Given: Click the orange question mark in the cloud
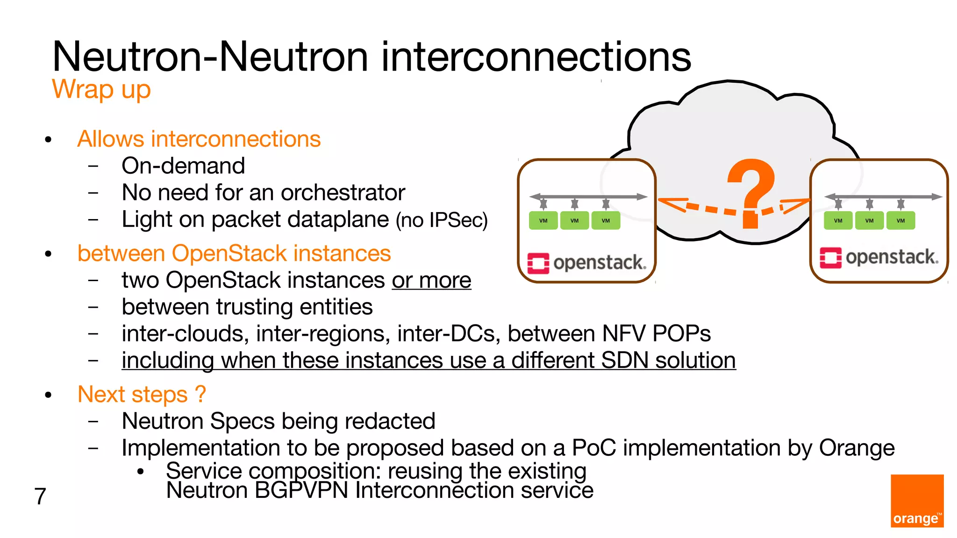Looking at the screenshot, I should tap(751, 191).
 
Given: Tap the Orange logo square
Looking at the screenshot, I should tap(917, 501).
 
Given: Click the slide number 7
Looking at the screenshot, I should tap(40, 496).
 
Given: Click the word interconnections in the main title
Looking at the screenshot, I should tap(536, 57).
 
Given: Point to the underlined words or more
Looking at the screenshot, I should tap(431, 280).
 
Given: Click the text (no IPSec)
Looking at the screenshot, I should tap(442, 220).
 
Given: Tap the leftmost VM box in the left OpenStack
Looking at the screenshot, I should tap(543, 220).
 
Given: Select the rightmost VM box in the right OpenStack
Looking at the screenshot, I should tap(900, 220).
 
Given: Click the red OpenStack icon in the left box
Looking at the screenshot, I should tap(538, 263).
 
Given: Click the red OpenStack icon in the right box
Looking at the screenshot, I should tap(830, 258).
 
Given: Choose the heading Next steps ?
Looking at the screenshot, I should tap(142, 395).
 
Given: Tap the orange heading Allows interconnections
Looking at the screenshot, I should tap(199, 139).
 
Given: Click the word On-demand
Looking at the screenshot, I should tap(183, 166).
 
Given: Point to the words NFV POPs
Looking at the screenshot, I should tap(656, 334).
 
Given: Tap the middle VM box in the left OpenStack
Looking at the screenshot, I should tap(574, 220).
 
